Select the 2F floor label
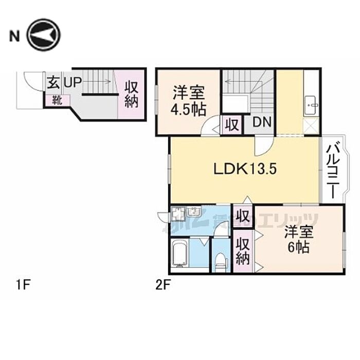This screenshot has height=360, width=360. [x=163, y=283]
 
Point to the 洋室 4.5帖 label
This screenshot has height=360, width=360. [x=189, y=101]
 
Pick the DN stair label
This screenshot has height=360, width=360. [x=262, y=124]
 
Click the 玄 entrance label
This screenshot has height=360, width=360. [x=53, y=82]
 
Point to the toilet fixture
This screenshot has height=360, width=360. [x=221, y=259]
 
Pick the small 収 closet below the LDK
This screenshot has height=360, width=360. [x=243, y=213]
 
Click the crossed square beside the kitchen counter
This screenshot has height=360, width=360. [x=312, y=125]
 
